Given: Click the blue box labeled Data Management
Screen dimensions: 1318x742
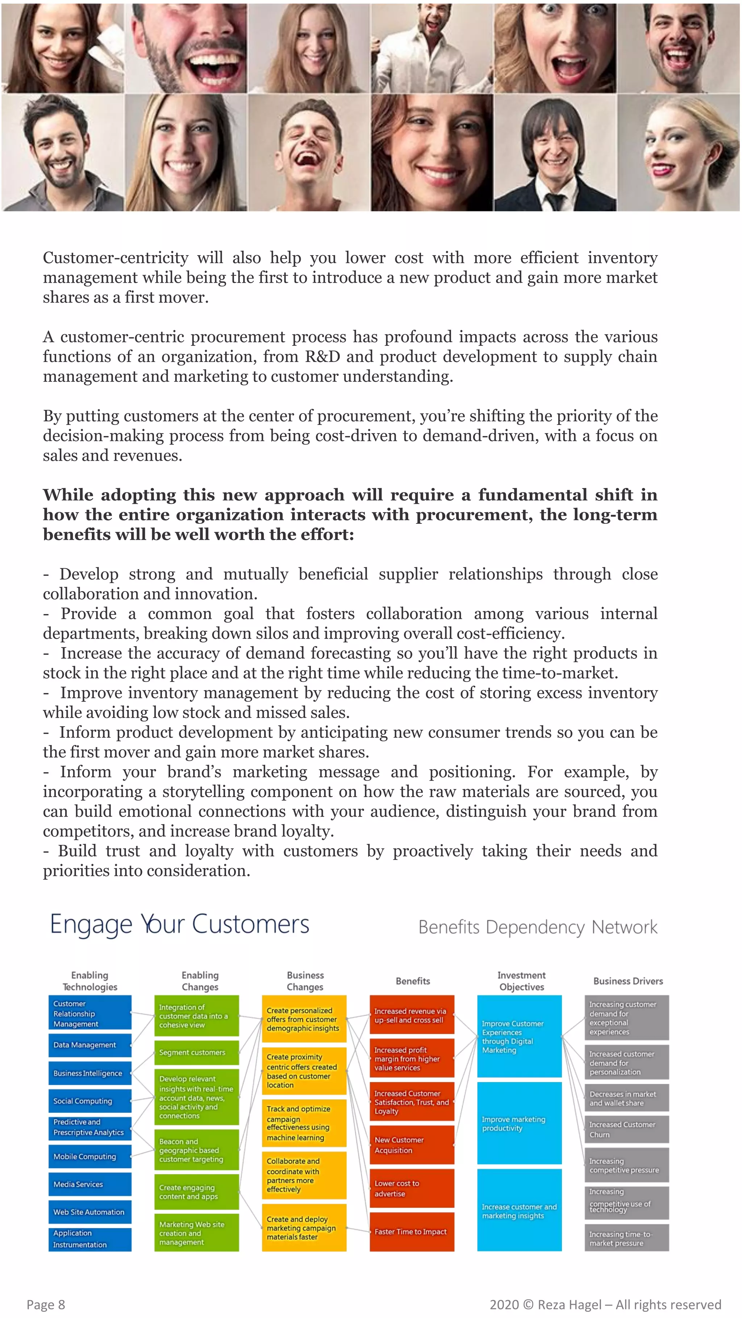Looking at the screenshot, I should coord(89,1045).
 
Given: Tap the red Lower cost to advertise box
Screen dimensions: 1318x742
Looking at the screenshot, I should coord(412,1188).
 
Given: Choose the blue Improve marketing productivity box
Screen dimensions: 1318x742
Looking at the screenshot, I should coord(519,1124).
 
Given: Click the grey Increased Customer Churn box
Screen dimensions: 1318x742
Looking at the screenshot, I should coord(627,1129).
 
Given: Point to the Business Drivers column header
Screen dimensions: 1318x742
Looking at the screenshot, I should coord(628,981).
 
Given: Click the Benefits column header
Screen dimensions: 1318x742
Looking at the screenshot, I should coord(413,981).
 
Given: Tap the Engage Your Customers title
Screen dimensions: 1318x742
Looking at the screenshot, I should coord(180,925).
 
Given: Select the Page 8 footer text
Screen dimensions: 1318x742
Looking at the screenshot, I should coord(46,1304).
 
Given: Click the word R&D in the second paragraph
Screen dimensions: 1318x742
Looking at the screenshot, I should coord(322,357).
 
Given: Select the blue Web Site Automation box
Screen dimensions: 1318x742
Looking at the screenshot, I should coord(89,1212).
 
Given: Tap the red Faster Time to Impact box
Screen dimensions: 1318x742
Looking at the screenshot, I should coord(412,1231).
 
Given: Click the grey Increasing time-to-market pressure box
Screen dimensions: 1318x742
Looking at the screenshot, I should coord(627,1238).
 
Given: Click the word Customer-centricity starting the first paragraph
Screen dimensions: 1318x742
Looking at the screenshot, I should coord(116,258).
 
